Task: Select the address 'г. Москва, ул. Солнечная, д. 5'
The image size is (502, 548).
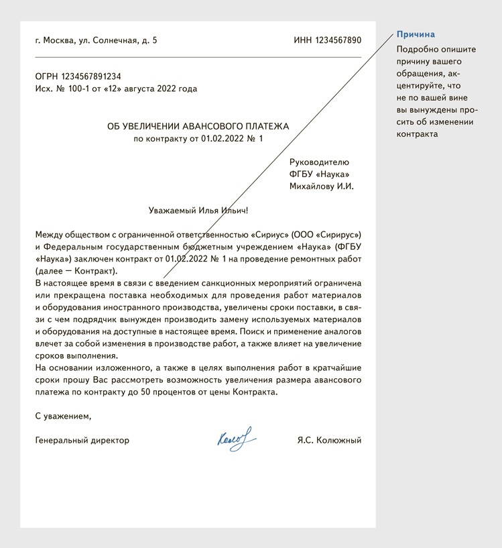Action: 96,40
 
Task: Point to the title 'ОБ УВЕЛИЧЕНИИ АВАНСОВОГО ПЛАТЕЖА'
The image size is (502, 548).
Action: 198,126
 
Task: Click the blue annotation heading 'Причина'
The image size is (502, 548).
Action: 416,34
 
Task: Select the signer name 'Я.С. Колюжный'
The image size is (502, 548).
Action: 329,441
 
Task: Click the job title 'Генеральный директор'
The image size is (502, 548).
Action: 82,441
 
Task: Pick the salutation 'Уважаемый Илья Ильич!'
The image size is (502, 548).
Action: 198,211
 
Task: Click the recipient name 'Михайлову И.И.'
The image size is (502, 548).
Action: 321,186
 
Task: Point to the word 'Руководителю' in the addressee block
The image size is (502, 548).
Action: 319,162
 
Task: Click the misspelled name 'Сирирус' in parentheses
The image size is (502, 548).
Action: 342,235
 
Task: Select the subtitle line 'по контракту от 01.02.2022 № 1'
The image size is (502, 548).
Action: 198,139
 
